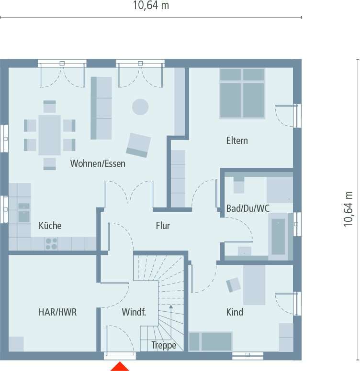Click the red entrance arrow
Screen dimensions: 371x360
(120, 367)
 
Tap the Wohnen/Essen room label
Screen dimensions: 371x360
(98, 164)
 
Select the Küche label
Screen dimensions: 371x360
(50, 226)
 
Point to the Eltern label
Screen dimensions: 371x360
(237, 141)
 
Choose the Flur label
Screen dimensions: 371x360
(163, 226)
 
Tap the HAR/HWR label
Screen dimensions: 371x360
(57, 312)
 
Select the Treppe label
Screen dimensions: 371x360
(164, 345)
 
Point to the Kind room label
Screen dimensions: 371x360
(235, 312)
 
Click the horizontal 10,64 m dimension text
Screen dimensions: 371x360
(151, 6)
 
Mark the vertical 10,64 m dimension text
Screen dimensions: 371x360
(349, 209)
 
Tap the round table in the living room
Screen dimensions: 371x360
(140, 106)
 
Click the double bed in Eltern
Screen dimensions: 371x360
(242, 93)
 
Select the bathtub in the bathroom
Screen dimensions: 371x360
(279, 237)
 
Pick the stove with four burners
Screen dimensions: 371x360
(51, 244)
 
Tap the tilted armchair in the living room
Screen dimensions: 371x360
(138, 145)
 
